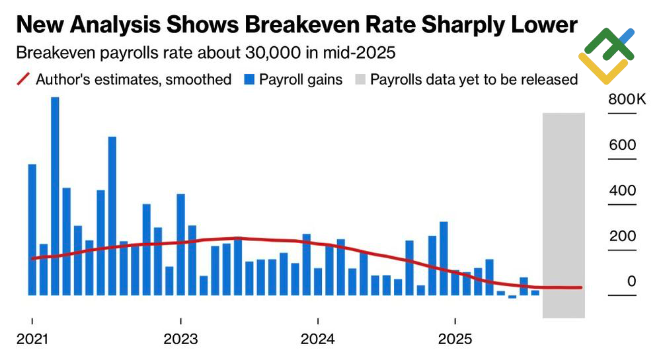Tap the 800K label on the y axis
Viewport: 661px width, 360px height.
[x=621, y=100]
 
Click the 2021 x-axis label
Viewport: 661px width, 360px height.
[x=32, y=340]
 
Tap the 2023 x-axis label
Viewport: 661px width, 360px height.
[x=180, y=340]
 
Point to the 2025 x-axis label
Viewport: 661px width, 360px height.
[x=455, y=340]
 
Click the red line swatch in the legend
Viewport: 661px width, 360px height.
[x=22, y=80]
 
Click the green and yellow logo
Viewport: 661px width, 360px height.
[x=606, y=55]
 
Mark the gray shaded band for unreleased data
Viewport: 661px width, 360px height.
[x=563, y=215]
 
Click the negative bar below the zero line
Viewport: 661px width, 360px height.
[x=512, y=297]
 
